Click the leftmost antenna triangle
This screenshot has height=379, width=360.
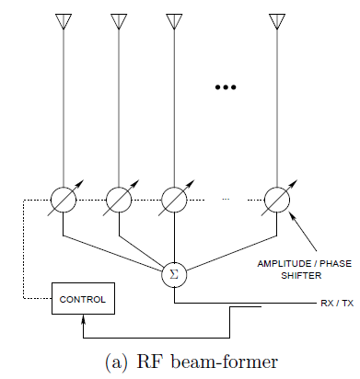pos(63,20)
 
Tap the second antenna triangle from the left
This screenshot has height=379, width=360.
pos(119,20)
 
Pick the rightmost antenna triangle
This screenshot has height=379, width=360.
pos(277,20)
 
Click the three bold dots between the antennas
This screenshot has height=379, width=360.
pos(226,87)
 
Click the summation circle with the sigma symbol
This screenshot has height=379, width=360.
pos(174,273)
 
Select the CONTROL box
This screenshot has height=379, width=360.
pos(83,299)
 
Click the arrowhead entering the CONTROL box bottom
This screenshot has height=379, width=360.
pos(84,318)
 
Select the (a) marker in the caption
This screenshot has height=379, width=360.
pos(120,360)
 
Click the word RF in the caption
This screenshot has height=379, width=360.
pos(151,360)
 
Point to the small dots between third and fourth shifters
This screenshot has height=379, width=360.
pos(226,199)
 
